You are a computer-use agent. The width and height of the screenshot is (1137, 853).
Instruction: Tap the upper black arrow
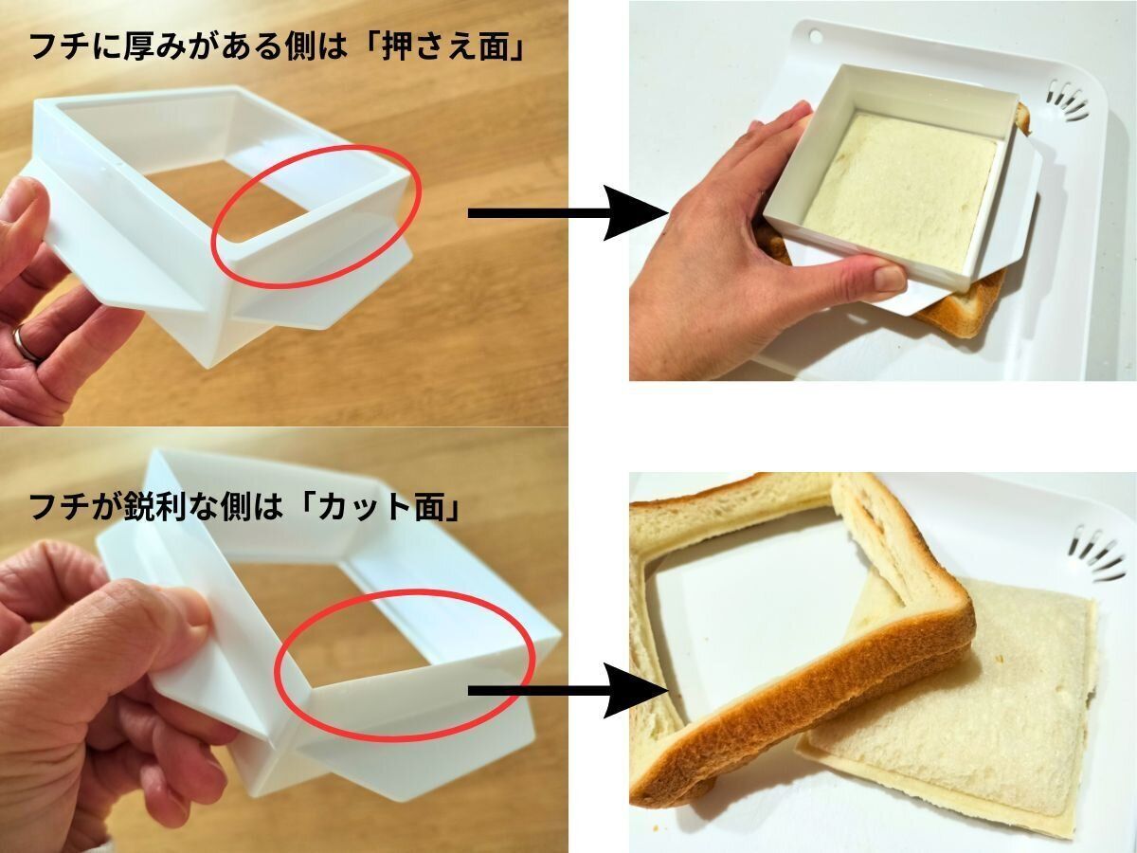point(568,213)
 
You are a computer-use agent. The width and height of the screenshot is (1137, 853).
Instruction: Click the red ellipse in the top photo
point(315,147)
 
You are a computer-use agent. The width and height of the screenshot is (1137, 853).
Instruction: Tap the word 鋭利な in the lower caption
point(167,508)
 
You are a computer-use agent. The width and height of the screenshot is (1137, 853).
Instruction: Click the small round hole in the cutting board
point(814,35)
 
